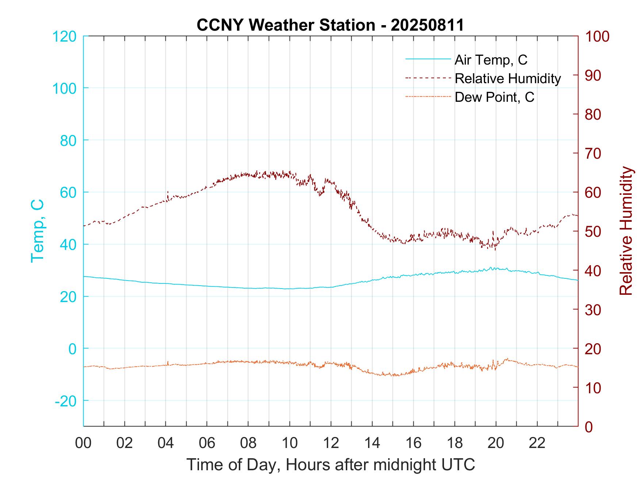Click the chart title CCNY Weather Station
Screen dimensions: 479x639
[x=330, y=25]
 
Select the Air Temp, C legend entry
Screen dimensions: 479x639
[x=490, y=59]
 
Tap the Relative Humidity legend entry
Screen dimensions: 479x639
[x=507, y=78]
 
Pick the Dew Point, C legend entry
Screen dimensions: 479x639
[x=494, y=97]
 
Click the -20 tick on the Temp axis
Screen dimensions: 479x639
[x=66, y=401]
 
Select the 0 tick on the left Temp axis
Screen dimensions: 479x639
[x=73, y=349]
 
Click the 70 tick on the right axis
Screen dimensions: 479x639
[x=593, y=154]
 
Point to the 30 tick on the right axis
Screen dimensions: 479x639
[x=593, y=310]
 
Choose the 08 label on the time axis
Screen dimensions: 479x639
[x=248, y=443]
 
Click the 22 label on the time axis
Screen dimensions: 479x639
[x=537, y=443]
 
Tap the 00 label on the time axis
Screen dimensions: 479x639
[x=83, y=443]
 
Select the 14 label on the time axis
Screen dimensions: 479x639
[x=372, y=443]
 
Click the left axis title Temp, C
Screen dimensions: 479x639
[x=37, y=231]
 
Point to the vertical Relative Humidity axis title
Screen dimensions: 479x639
[x=626, y=231]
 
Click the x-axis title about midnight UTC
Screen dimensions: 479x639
[x=331, y=464]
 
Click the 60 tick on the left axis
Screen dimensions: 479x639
[x=68, y=193]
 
